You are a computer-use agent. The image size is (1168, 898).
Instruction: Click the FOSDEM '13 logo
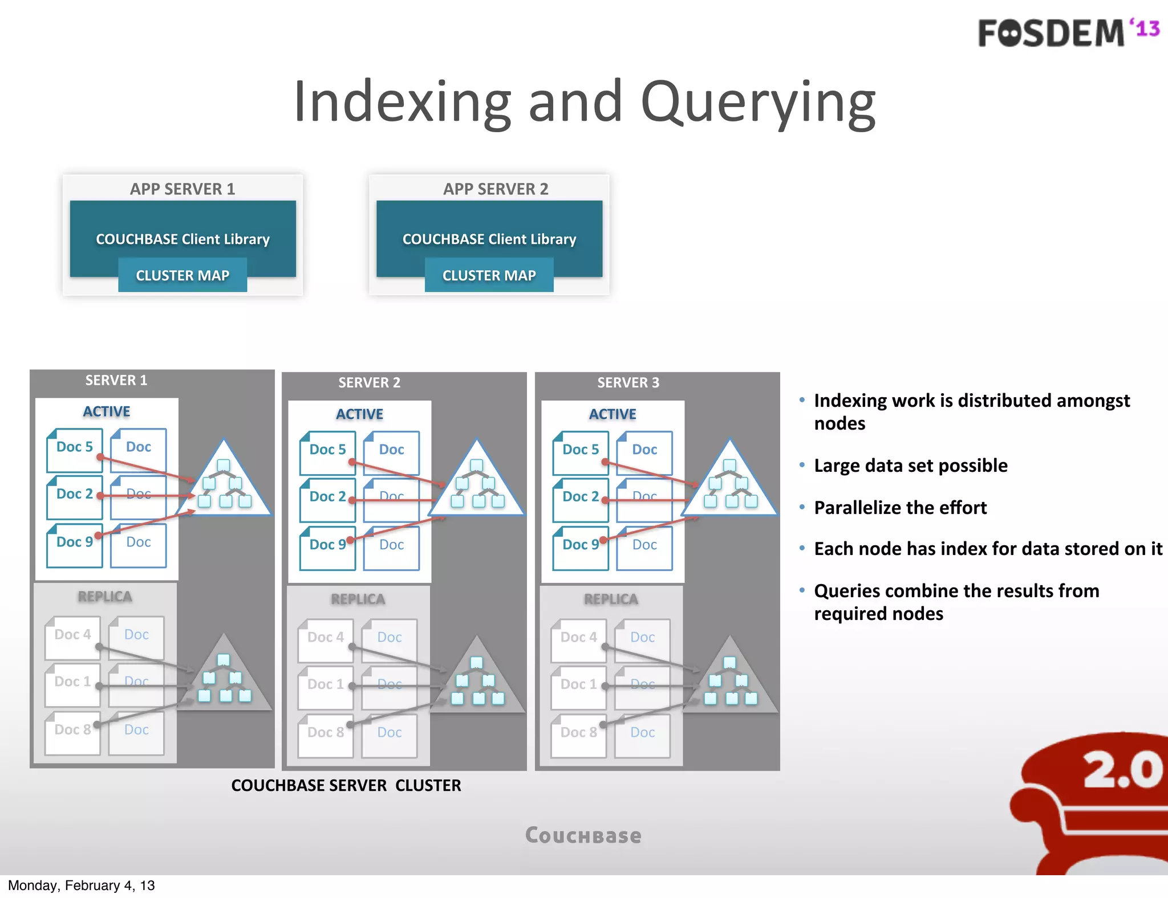(1068, 32)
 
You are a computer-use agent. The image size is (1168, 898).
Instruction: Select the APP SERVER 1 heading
(182, 189)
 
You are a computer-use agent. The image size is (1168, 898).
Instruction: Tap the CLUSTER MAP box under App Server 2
(489, 275)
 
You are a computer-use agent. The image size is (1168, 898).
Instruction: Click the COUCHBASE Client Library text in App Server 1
(182, 239)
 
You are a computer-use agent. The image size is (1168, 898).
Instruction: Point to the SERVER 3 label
(628, 382)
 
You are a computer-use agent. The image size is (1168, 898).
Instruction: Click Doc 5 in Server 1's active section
(74, 447)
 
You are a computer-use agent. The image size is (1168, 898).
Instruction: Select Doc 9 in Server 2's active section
(327, 545)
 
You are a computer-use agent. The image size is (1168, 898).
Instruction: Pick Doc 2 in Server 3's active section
(581, 497)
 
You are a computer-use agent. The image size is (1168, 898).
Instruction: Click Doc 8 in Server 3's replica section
(578, 733)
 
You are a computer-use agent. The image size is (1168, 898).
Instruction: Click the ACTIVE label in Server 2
(359, 414)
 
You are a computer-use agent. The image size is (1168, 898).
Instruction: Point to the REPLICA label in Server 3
(611, 599)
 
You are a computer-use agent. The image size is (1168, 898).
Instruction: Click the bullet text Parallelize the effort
(900, 508)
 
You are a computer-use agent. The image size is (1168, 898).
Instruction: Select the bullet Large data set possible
(910, 466)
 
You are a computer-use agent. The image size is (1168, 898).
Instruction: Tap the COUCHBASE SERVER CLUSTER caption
(346, 785)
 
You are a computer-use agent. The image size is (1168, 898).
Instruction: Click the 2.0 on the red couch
(1122, 770)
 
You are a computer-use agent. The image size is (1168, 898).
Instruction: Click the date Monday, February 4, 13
(81, 885)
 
